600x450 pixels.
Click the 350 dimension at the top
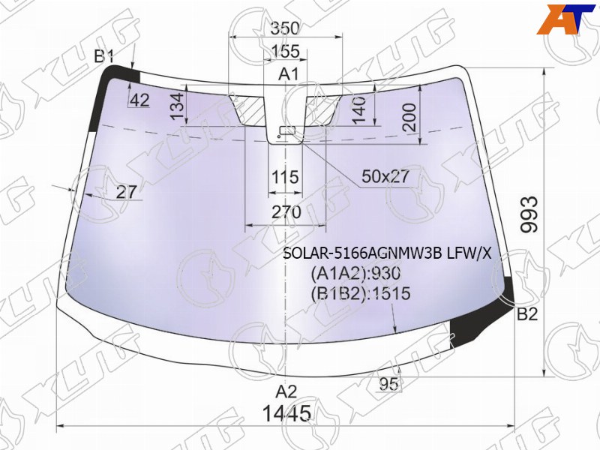click(285, 28)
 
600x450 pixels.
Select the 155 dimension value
click(285, 51)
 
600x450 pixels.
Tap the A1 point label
click(288, 73)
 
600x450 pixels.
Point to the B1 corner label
click(104, 57)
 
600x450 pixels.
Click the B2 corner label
click(528, 314)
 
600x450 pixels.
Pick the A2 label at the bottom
click(286, 391)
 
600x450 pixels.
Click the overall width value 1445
click(287, 413)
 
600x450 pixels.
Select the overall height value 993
click(529, 214)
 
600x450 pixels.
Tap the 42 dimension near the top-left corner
click(139, 100)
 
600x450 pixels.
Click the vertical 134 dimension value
click(178, 106)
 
